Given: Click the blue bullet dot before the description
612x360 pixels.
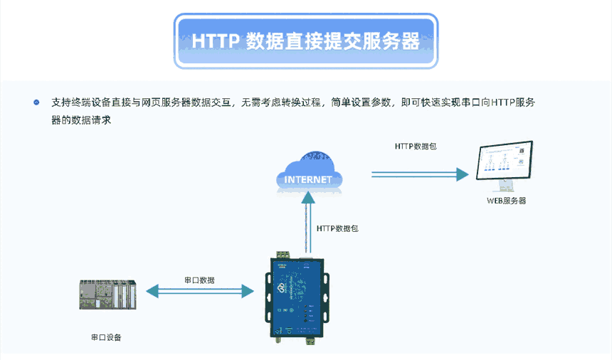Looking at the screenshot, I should (x=36, y=102).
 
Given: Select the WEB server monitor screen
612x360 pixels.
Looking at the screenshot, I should (x=505, y=161).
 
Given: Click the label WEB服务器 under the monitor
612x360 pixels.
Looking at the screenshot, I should (x=506, y=201).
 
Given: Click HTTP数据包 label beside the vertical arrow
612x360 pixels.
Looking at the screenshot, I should (x=337, y=228).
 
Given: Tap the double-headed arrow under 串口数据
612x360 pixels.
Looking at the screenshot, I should (x=199, y=291).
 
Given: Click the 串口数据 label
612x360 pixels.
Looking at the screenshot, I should (x=199, y=280).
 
